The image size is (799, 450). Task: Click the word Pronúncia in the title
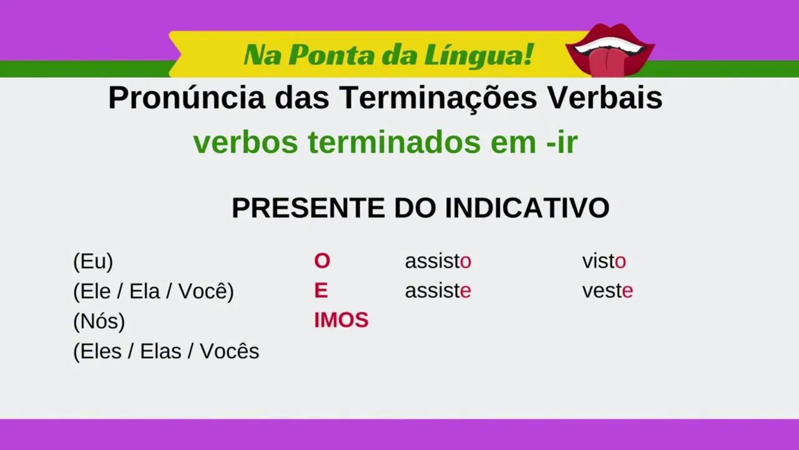click(x=187, y=97)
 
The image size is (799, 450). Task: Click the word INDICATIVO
click(x=527, y=208)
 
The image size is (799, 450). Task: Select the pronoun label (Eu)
click(x=93, y=262)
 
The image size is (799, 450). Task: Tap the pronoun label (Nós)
click(x=99, y=321)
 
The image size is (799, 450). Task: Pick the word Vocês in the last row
click(x=229, y=351)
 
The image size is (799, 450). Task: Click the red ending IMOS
click(x=341, y=320)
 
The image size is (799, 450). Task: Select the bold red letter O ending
click(x=322, y=261)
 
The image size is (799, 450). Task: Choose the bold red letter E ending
click(x=321, y=291)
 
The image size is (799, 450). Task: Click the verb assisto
click(x=438, y=261)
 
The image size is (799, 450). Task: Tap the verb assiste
click(x=438, y=291)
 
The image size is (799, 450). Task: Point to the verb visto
click(x=604, y=261)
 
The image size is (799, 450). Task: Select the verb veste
click(x=607, y=291)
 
